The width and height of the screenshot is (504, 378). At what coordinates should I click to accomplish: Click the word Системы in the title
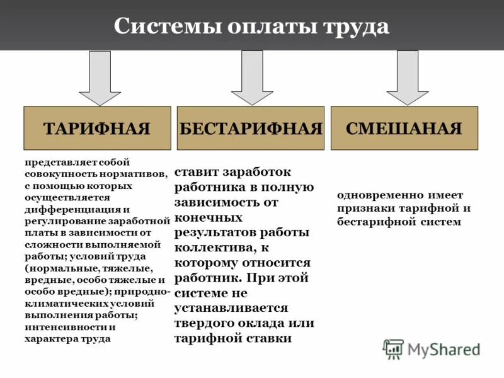[158, 26]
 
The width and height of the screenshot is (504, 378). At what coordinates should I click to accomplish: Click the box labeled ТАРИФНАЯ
[97, 128]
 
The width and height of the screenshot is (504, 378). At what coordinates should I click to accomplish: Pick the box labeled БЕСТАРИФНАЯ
[251, 128]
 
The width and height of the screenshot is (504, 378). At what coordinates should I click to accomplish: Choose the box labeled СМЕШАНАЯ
[404, 128]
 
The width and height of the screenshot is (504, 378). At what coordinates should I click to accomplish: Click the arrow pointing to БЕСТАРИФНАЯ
[252, 77]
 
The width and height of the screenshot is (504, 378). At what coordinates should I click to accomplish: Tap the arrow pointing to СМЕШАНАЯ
[407, 77]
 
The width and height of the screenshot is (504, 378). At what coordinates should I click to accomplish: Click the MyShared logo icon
[393, 348]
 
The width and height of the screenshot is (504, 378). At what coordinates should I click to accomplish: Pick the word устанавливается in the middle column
[231, 308]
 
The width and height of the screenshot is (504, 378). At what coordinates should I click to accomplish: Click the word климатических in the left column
[64, 304]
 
